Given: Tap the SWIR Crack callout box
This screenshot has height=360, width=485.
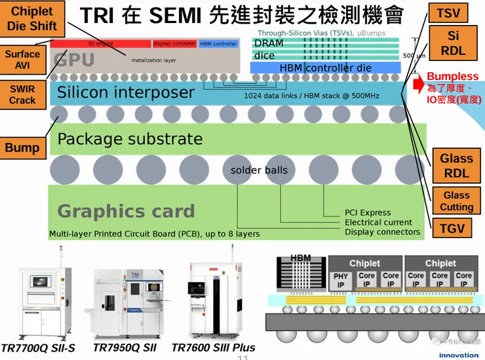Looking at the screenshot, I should (x=22, y=94).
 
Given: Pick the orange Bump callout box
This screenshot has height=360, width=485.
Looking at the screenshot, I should (x=22, y=148).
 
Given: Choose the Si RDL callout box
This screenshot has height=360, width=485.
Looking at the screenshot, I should (x=453, y=44).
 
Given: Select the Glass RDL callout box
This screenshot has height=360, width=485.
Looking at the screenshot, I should (x=456, y=166).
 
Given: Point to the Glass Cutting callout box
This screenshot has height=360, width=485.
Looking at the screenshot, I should (x=456, y=201).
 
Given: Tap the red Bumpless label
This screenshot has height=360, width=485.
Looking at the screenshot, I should (x=452, y=77).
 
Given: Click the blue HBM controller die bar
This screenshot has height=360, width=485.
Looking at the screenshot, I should (x=325, y=68).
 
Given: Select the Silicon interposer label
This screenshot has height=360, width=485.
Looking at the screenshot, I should (x=126, y=93).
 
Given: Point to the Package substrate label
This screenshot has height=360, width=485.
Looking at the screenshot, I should (x=130, y=139).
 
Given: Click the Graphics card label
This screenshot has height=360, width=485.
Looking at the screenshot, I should (x=126, y=211).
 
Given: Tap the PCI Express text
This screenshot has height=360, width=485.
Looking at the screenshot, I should (x=368, y=212).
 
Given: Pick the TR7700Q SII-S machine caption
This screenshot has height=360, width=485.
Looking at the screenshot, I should (x=38, y=348).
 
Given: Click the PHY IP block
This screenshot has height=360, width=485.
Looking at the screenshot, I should (x=341, y=280).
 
